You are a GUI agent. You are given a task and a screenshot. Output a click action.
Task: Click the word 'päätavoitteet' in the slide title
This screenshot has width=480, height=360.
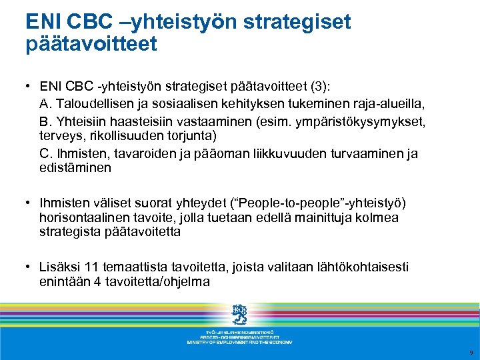coord(91,45)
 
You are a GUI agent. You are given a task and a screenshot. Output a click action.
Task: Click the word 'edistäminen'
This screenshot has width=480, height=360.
coord(75,168)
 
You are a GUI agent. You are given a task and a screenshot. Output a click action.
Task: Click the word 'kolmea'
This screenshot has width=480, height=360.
coord(379,217)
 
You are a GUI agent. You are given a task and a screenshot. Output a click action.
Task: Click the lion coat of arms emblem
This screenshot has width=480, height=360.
coord(239,314)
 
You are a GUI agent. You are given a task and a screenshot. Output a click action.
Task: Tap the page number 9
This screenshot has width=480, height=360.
coord(471,352)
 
